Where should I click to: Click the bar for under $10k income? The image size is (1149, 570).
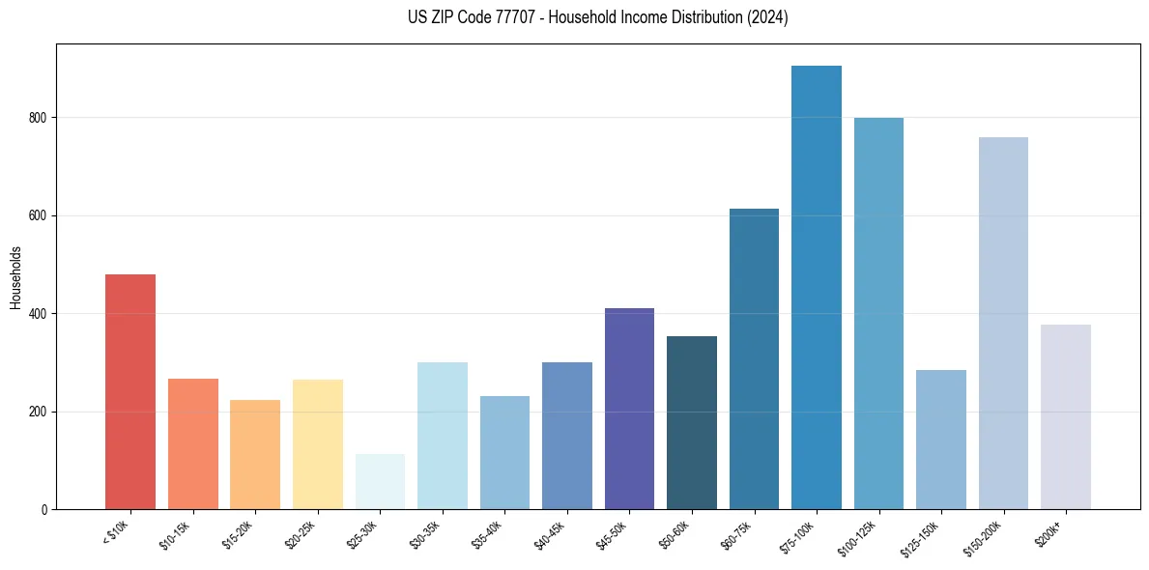tap(129, 391)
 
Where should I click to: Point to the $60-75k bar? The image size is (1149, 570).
tap(754, 358)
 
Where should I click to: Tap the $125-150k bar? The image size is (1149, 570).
tap(940, 440)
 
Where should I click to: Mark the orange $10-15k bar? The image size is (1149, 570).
tap(192, 443)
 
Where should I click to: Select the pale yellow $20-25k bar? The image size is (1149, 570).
tap(317, 444)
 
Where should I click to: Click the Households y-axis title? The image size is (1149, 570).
tap(15, 277)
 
